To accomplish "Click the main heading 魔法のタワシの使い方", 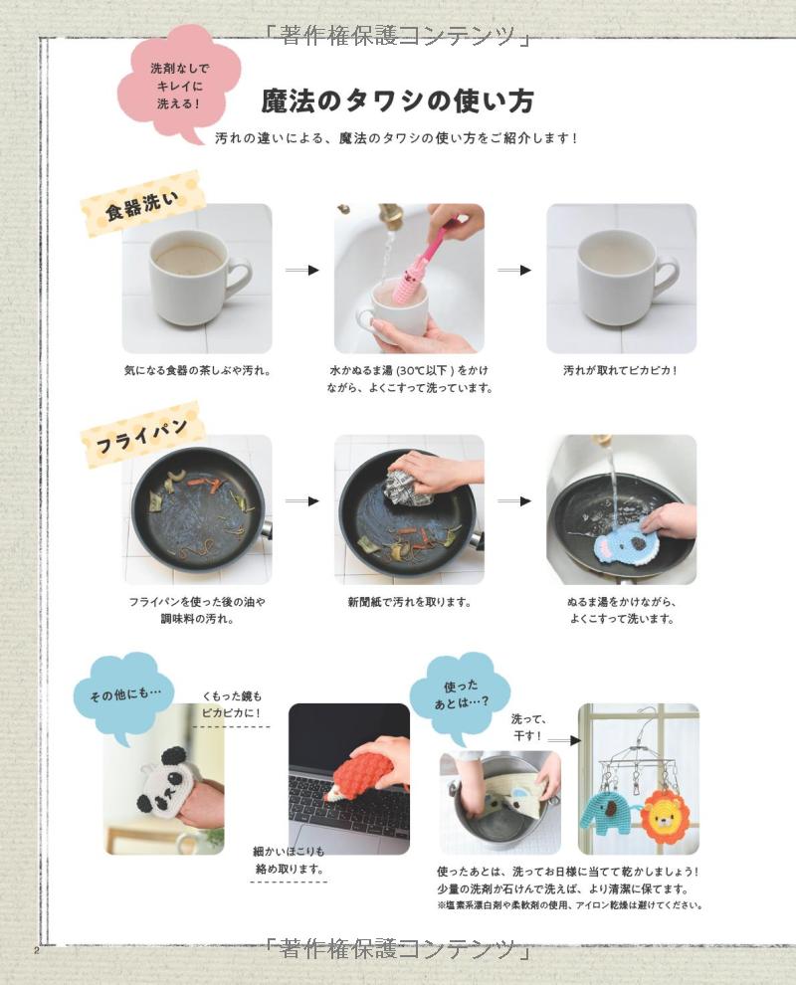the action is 397,101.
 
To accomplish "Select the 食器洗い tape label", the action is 142,204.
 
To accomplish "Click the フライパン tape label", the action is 142,435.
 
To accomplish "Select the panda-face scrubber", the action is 163,783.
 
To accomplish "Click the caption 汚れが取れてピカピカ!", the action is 621,371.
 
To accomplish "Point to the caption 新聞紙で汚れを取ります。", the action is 410,602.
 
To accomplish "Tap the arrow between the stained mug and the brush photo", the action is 302,270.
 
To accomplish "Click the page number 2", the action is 37,950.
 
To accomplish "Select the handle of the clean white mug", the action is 666,277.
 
